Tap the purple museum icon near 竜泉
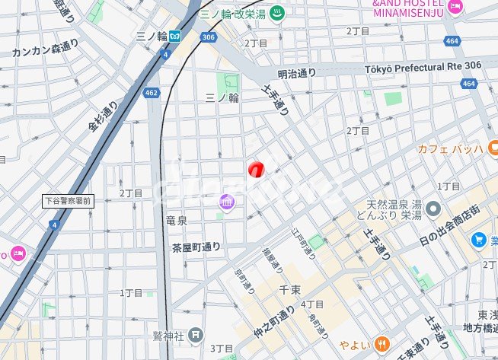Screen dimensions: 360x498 click(x=226, y=202)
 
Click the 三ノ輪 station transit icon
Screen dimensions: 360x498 click(x=175, y=35)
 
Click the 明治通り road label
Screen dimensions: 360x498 click(x=297, y=74)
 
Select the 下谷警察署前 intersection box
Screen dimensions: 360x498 click(x=68, y=201)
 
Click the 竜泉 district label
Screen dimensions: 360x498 click(x=176, y=220)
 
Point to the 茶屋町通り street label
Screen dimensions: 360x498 click(x=196, y=247)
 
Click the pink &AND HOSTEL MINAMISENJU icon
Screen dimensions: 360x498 click(x=455, y=8)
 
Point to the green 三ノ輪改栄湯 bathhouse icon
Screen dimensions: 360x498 click(x=277, y=14)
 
